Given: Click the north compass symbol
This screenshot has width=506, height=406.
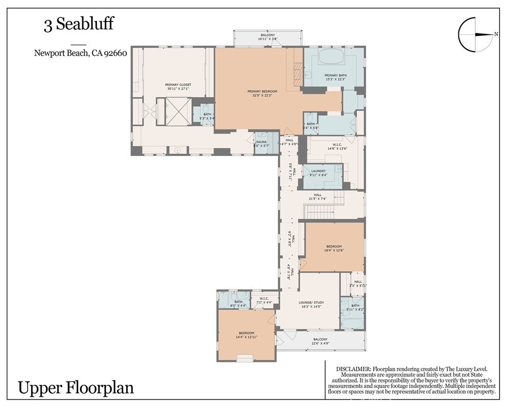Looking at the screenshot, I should pos(477,35).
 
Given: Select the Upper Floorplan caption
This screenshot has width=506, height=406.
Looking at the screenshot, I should pos(76,388).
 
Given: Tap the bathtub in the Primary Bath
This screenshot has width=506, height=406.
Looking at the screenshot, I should pos(334,56).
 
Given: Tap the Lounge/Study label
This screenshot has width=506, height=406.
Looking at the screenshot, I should pos(311,304).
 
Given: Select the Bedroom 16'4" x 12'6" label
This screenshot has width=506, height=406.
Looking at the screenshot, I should pos(333,248).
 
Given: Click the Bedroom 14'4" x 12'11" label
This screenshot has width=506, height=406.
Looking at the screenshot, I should pos(245,335).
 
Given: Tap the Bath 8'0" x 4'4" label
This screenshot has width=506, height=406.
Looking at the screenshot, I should pos(238,304).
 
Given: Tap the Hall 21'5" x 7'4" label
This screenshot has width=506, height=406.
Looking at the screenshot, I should pos(318,196).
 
